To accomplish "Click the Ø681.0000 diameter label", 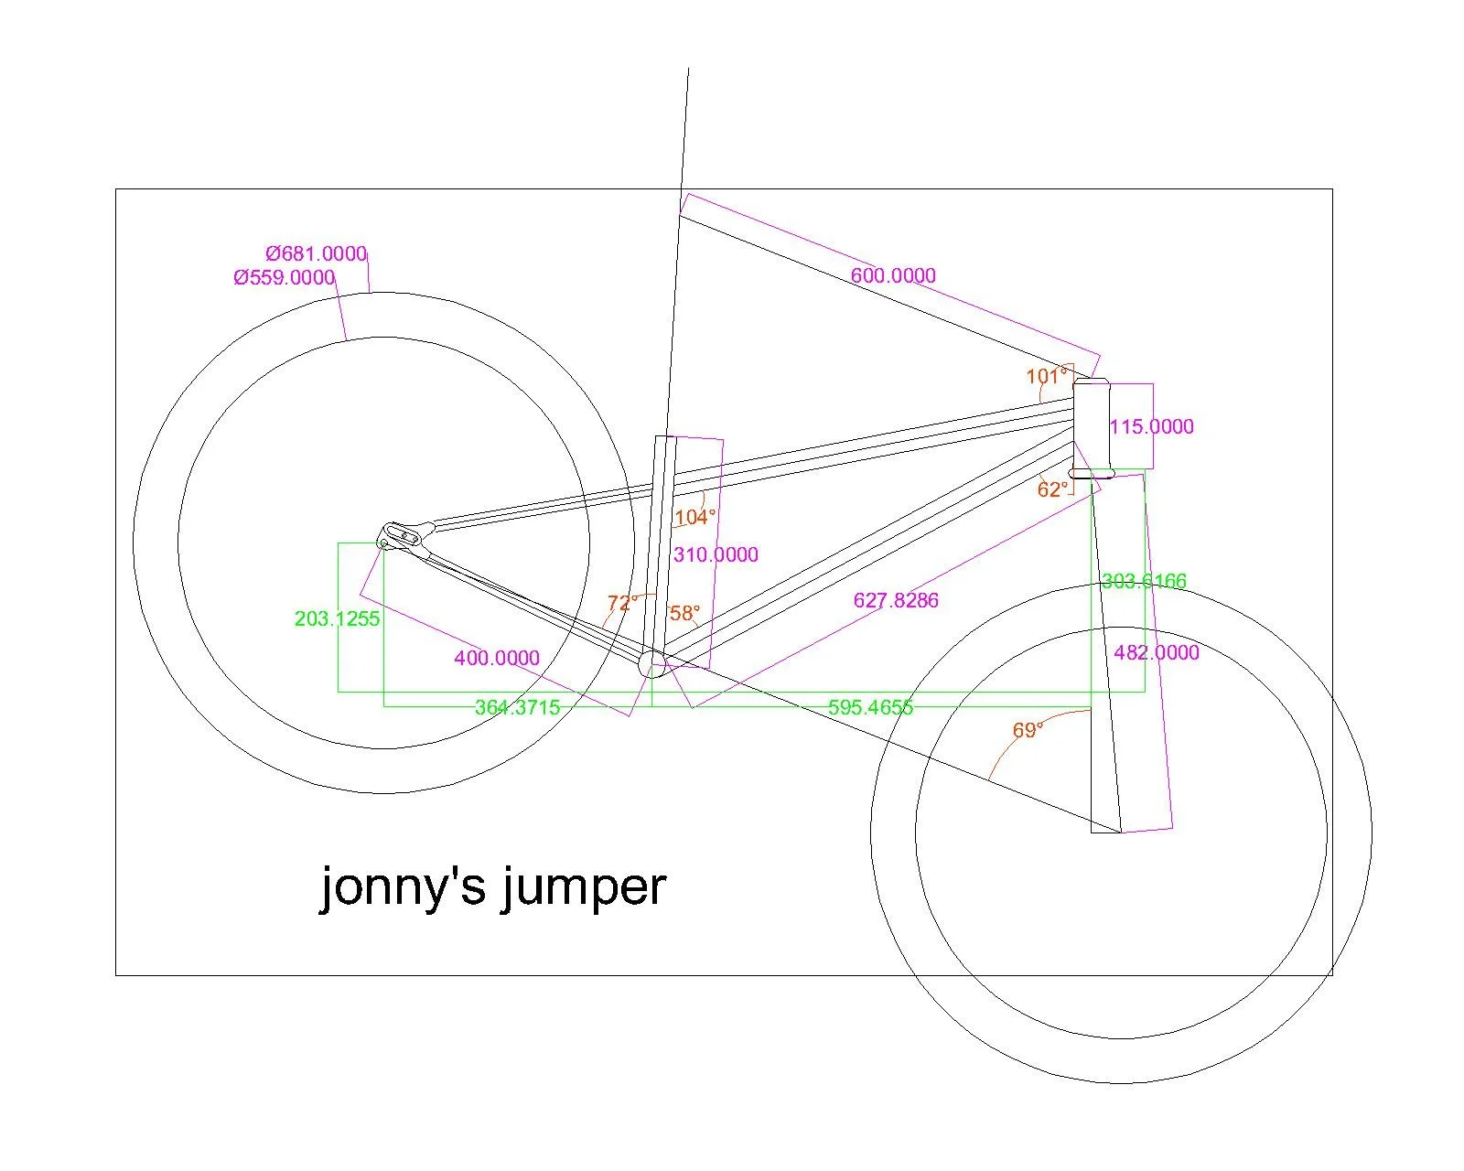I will [317, 253].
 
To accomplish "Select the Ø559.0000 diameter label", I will [285, 277].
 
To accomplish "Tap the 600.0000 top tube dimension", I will [893, 275].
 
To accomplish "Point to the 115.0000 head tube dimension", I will [1151, 426].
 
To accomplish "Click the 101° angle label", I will [1046, 376].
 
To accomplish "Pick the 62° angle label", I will [1052, 489].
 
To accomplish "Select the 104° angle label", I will [694, 518].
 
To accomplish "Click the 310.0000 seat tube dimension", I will [716, 554].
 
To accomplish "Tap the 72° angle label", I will [622, 603].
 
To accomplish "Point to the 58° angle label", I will [684, 613].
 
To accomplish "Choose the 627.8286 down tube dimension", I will [896, 600].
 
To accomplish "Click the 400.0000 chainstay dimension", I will [497, 658].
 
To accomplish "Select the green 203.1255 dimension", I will [337, 618].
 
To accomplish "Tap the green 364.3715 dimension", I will [517, 707].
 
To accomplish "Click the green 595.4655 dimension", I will [870, 707].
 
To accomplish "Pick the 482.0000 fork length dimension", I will [1156, 652].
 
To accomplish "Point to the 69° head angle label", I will [1028, 730].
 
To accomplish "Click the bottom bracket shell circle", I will [651, 664].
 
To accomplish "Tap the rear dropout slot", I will [405, 531].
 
